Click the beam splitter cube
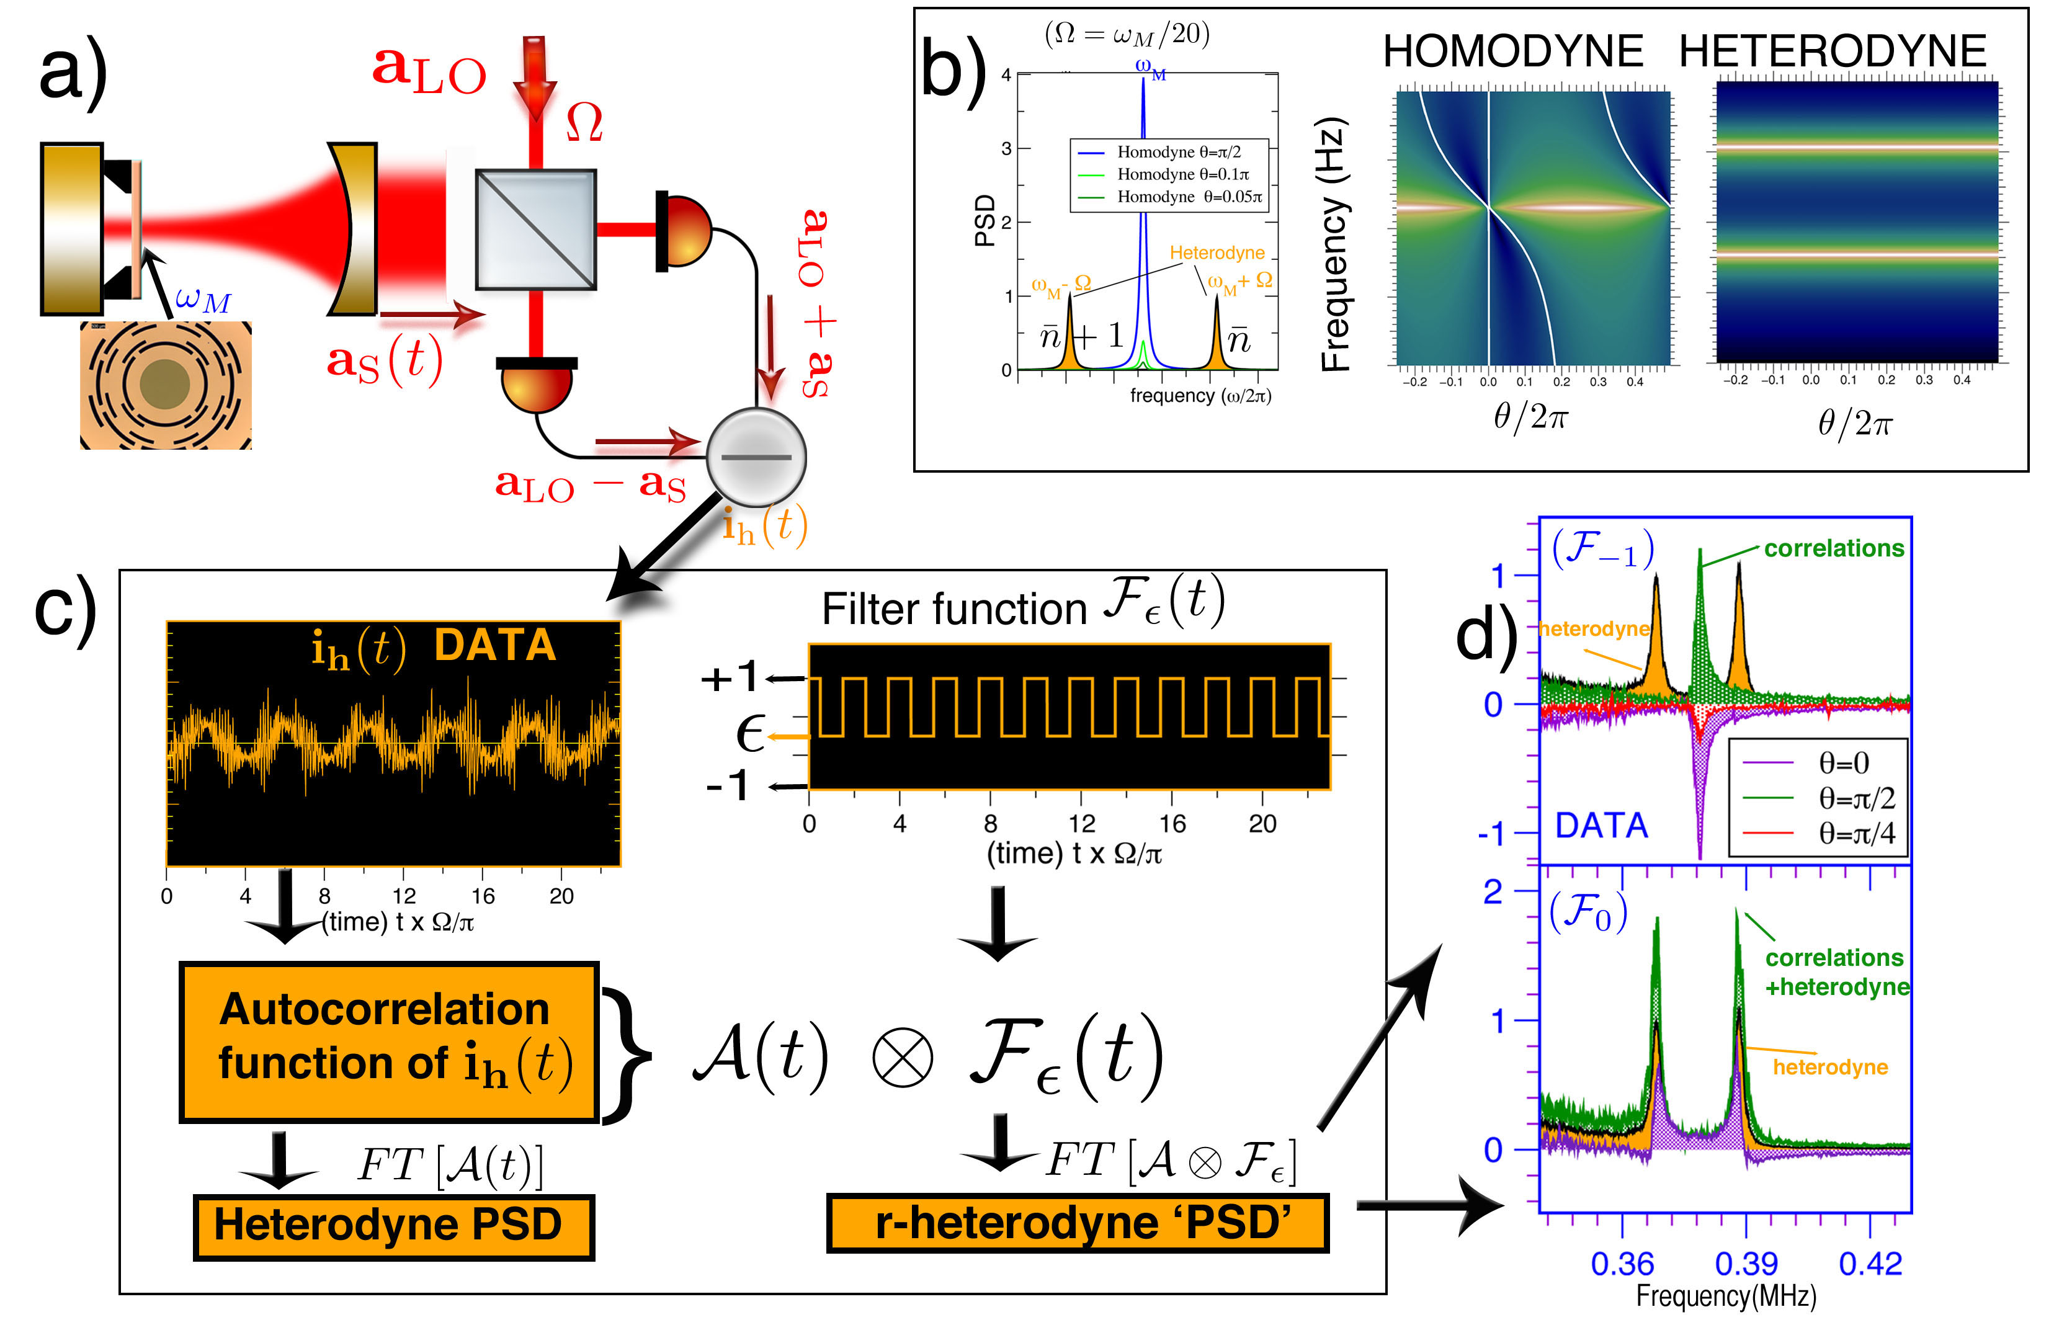(x=535, y=229)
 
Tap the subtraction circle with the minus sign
(x=756, y=457)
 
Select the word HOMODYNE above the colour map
(x=1512, y=51)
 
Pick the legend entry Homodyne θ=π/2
(x=1178, y=153)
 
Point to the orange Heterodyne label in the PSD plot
(x=1217, y=253)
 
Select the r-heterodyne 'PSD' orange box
(x=1078, y=1223)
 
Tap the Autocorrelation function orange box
(x=388, y=1041)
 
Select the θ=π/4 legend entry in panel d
(x=1855, y=833)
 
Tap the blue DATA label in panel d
(x=1601, y=826)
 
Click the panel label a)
(x=73, y=73)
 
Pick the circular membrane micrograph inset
(x=165, y=385)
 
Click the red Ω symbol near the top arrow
(x=584, y=122)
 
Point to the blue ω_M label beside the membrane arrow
(x=203, y=300)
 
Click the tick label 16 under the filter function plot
(x=1171, y=824)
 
